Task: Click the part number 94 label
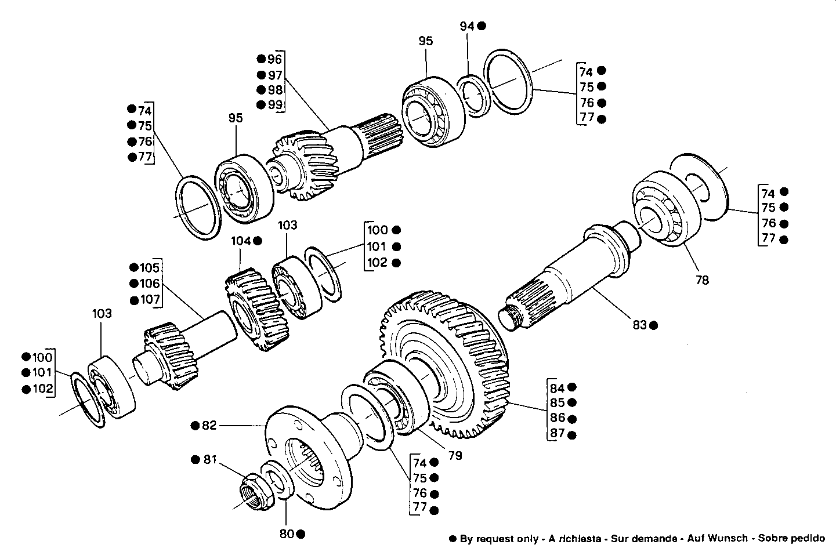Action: pos(467,26)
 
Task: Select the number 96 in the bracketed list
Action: pos(274,59)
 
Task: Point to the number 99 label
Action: pos(274,104)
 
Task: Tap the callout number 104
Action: pos(241,240)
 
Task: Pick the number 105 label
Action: pos(149,267)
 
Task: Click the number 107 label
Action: pos(149,300)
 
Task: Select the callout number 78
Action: pos(702,280)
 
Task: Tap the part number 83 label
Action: pos(639,325)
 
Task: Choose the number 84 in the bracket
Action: pos(557,388)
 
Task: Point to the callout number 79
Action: pos(455,456)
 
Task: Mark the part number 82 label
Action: pos(209,426)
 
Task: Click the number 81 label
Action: pos(209,460)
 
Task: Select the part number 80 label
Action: pos(287,534)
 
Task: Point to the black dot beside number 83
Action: pos(653,325)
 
